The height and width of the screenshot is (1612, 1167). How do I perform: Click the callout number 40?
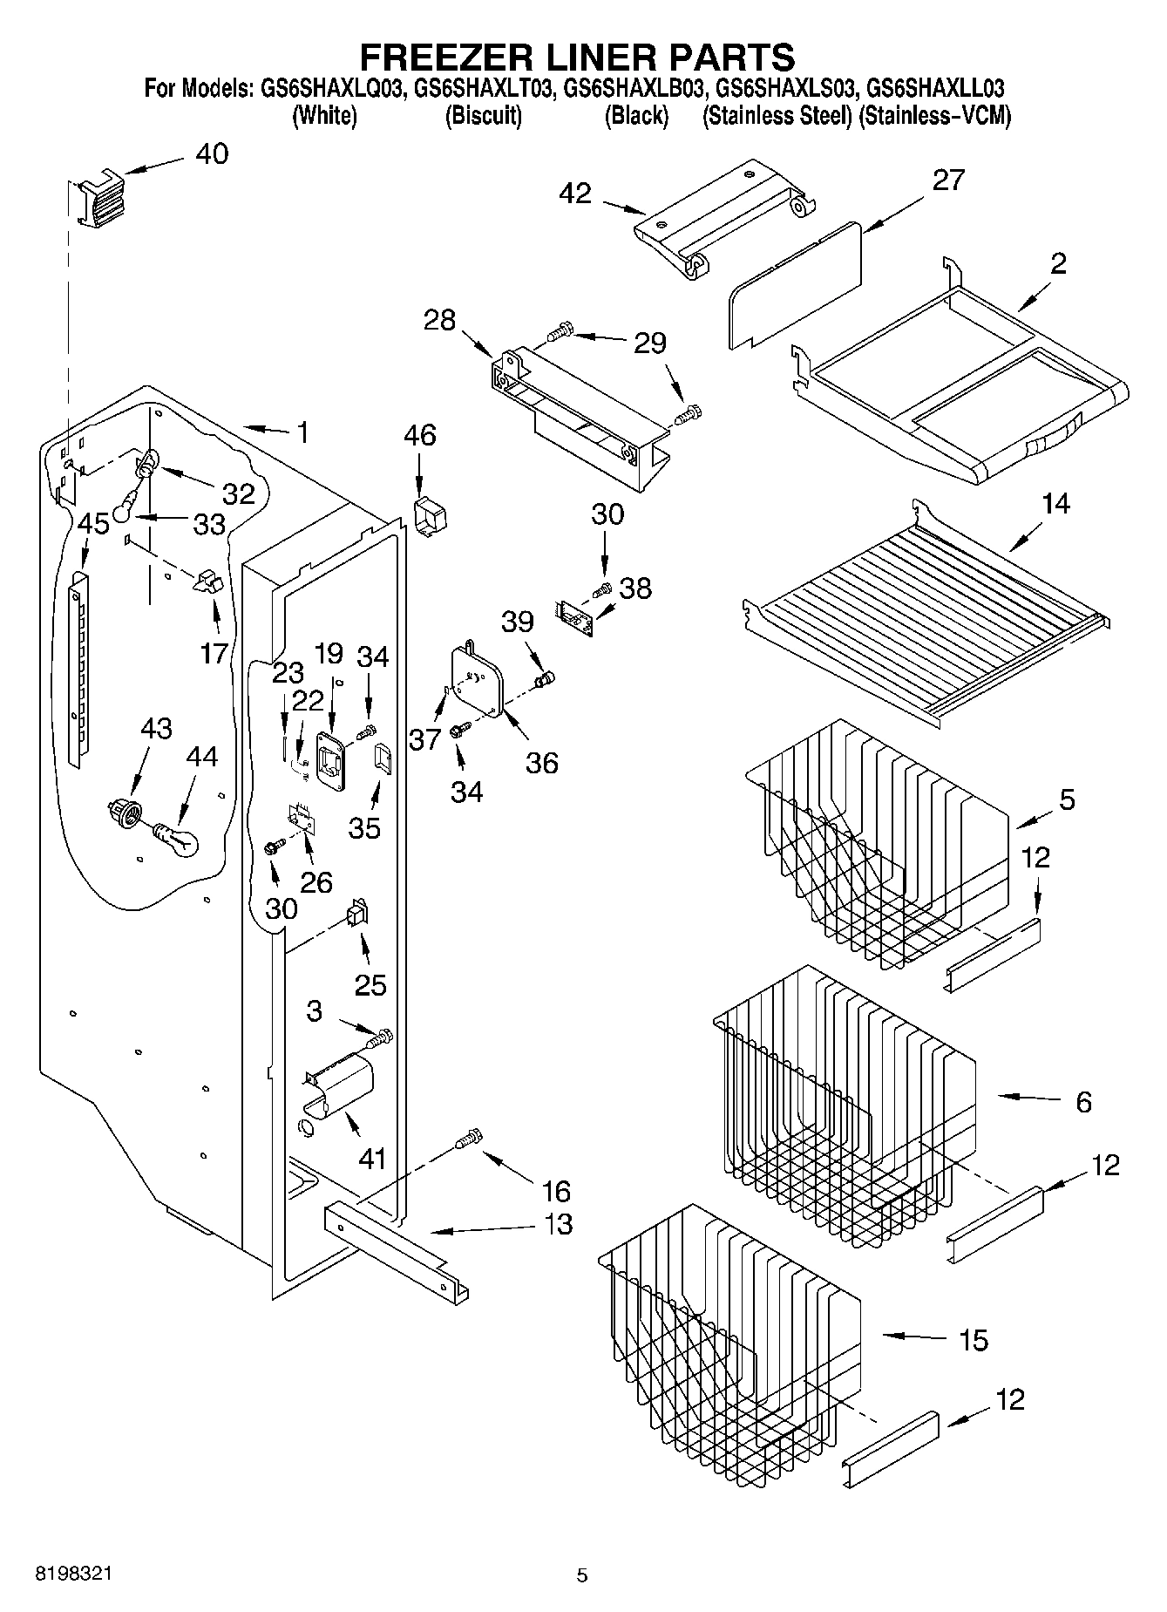[212, 154]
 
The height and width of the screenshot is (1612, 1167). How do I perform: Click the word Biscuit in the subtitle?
[484, 116]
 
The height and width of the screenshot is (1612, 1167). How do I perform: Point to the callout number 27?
[948, 180]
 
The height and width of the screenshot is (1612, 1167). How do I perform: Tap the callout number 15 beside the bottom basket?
[973, 1340]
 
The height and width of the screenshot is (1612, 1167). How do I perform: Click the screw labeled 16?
[468, 1138]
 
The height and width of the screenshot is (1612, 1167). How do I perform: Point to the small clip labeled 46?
[429, 515]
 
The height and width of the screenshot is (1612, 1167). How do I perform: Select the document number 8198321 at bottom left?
[72, 1575]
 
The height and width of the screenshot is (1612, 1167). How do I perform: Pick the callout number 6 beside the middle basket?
[1083, 1103]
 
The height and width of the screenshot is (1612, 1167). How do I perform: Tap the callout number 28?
[440, 320]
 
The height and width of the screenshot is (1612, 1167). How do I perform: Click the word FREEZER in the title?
[453, 57]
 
